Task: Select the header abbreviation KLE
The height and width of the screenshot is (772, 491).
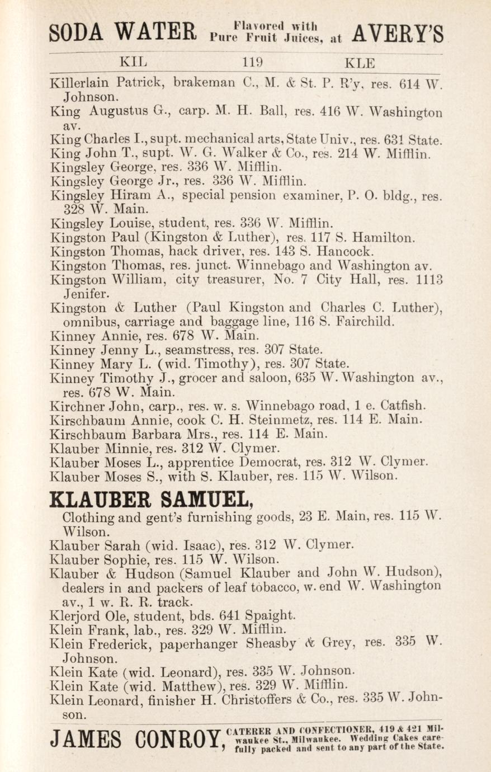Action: pyautogui.click(x=361, y=63)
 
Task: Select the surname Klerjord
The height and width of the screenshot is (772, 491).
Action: pyautogui.click(x=74, y=615)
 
